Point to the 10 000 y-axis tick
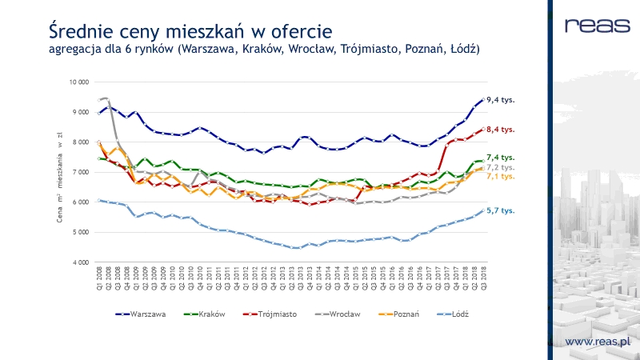[78, 82]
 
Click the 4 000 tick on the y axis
[79, 262]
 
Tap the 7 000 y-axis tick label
[79, 172]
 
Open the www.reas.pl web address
[598, 342]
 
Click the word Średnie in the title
[81, 32]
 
